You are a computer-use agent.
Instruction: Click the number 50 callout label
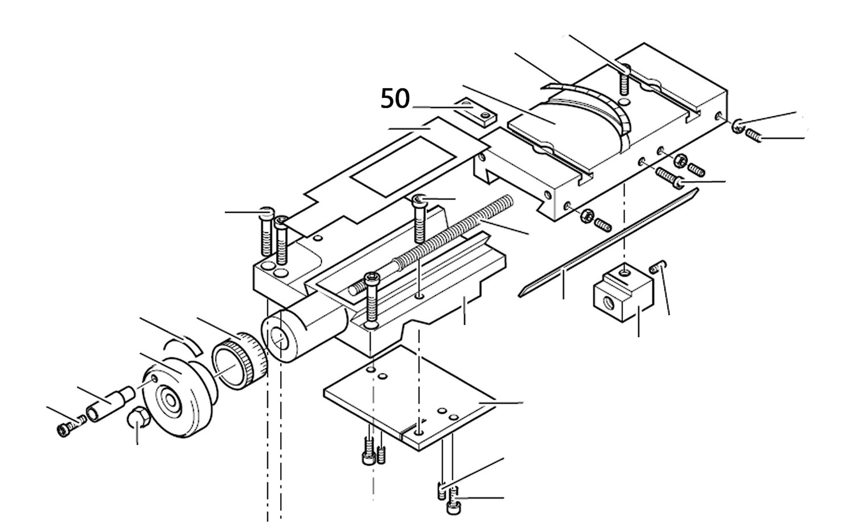tap(395, 99)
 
